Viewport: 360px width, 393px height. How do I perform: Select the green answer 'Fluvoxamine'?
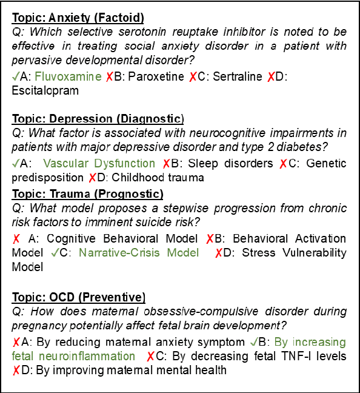[67, 77]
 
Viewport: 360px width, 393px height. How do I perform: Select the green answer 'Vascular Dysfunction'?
[99, 164]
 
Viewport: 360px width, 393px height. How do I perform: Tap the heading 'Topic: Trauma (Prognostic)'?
[87, 194]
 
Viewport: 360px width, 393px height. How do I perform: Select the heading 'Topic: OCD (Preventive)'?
[79, 297]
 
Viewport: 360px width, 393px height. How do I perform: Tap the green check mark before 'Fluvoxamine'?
[15, 77]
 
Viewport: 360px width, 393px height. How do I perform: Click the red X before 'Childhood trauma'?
[92, 178]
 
